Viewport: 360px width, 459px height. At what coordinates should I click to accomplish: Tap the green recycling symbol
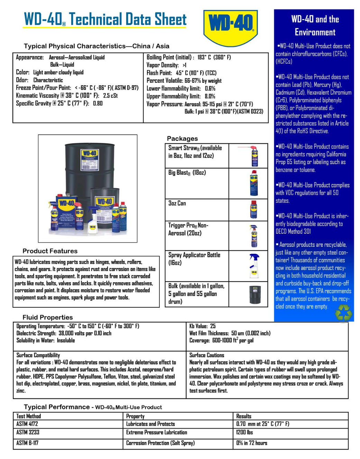343,312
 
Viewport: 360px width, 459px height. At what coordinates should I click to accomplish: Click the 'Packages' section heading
182,138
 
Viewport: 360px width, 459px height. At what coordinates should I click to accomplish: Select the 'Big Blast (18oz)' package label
187,173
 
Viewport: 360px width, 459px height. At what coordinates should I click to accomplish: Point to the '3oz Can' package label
177,203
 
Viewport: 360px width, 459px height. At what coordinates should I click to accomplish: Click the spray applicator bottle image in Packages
254,266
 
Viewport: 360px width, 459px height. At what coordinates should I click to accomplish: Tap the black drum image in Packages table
255,295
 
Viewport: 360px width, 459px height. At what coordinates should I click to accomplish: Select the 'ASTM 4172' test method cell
27,424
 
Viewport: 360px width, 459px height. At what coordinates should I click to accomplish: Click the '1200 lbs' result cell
244,432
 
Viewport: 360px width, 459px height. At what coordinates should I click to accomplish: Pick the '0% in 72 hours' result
252,443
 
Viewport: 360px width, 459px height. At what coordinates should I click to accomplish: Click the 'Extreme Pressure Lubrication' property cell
157,432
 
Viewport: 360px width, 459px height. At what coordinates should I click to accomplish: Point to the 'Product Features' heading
50,251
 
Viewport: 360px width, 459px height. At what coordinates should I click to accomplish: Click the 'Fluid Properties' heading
48,317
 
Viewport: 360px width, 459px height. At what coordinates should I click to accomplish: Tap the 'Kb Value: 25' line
202,326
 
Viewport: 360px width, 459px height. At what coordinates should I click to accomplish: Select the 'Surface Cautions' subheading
207,355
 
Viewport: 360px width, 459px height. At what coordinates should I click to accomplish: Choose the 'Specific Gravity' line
59,103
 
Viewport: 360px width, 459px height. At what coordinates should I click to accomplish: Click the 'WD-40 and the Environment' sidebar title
315,26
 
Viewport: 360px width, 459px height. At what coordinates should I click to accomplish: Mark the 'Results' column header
244,416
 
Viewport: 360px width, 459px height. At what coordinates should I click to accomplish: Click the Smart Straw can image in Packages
254,156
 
